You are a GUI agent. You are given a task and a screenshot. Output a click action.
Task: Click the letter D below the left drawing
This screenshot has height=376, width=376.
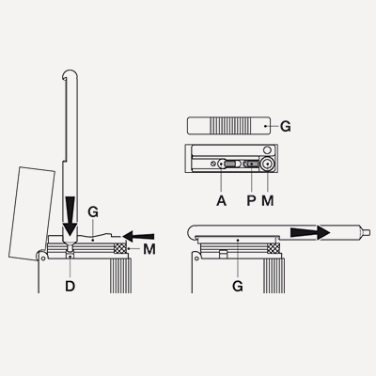70,286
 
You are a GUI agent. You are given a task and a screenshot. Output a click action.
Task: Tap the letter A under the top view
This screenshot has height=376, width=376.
221,200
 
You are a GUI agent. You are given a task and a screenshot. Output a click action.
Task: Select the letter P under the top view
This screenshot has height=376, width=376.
251,200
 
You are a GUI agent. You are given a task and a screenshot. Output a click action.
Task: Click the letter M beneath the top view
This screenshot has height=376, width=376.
268,200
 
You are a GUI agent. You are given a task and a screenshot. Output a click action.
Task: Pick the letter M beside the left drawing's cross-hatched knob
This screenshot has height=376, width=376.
149,249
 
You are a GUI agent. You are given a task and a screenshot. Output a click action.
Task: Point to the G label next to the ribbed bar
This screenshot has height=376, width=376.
285,126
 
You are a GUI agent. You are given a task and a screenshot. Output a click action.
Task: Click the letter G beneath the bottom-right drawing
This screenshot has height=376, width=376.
238,286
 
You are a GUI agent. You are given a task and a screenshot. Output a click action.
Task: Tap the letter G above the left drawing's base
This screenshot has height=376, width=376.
93,212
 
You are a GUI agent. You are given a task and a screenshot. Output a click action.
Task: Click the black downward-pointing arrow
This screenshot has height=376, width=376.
70,217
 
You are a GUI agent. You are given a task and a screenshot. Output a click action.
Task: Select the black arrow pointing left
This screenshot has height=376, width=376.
138,236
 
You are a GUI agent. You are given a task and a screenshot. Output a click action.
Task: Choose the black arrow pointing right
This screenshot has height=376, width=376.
310,233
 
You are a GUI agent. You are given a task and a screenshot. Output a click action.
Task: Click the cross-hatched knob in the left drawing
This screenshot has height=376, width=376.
120,249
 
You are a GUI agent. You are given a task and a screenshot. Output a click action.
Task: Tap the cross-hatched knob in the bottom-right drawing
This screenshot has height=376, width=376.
274,249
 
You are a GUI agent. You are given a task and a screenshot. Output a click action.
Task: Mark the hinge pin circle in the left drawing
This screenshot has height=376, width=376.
42,258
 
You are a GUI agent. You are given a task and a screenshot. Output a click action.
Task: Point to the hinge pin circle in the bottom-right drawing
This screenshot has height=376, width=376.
196,258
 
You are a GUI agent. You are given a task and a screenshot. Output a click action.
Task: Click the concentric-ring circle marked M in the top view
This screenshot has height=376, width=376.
267,164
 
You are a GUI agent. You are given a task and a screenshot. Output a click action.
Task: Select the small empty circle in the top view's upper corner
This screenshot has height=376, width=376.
267,150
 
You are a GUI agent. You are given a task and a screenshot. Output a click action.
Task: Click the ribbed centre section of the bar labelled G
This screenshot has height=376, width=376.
230,126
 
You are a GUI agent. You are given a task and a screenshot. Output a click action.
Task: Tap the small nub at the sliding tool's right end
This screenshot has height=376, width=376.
365,233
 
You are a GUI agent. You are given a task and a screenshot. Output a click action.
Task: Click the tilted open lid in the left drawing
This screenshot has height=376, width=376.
32,213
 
